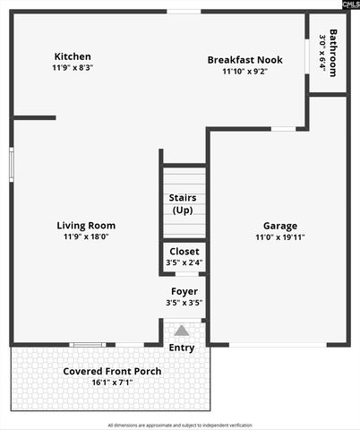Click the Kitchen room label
point(73,56)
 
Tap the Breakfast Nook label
point(244,60)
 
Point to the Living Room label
point(86,226)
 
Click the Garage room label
point(280,226)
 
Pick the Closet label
point(184,252)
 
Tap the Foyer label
point(184,291)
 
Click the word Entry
point(182,348)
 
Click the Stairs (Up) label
point(183,203)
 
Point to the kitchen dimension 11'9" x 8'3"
point(73,67)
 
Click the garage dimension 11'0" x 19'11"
point(280,237)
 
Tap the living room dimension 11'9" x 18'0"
point(86,237)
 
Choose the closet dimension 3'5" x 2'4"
point(184,262)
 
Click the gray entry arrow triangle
point(182,330)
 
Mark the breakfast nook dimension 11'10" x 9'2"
point(244,72)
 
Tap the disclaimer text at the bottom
point(180,425)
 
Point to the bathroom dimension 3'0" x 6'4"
point(322,54)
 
